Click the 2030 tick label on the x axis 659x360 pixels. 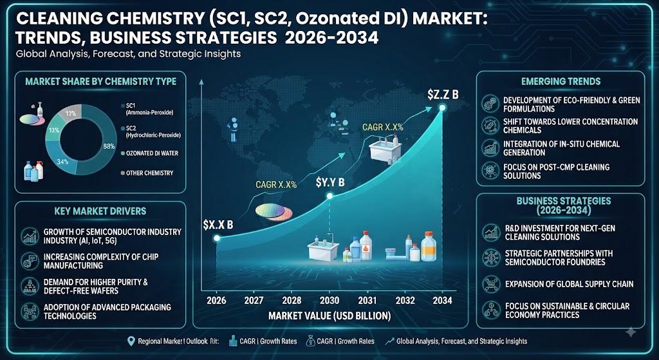[329, 300]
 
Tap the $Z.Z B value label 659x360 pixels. [443, 95]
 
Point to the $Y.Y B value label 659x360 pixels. [330, 183]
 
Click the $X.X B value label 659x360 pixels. [218, 225]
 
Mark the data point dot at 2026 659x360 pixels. [217, 238]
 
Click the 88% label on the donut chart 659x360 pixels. [109, 147]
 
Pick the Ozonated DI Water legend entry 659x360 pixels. [149, 153]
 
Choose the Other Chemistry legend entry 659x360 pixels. [146, 173]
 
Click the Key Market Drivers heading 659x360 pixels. [100, 211]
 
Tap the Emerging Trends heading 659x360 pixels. [561, 82]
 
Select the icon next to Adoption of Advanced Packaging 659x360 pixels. [28, 311]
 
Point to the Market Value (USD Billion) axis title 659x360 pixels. [329, 316]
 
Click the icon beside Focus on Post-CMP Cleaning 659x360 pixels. [490, 170]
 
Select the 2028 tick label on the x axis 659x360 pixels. [292, 300]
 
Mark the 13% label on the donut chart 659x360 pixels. [53, 130]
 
